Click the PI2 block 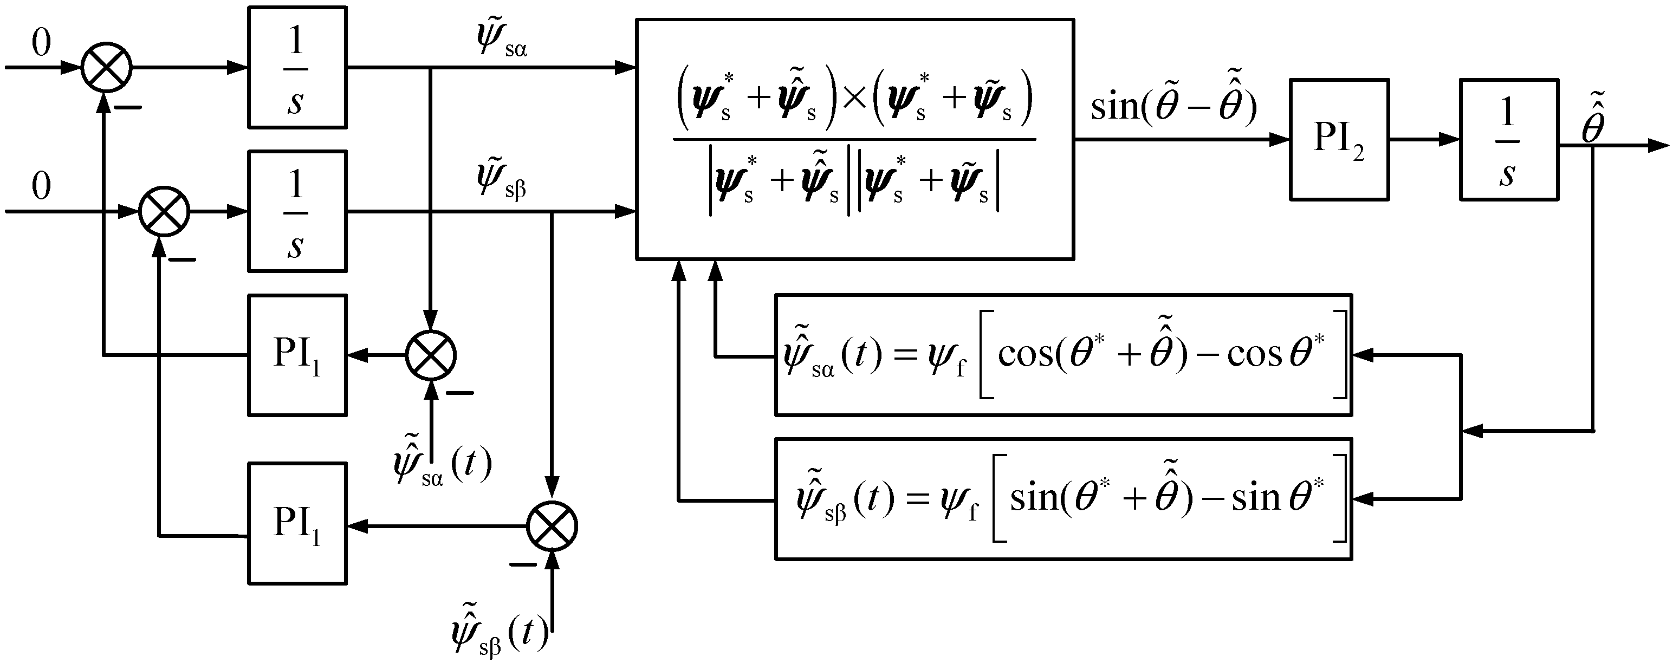point(1339,140)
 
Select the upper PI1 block point(297,355)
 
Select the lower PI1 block point(297,523)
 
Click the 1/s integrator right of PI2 point(1509,140)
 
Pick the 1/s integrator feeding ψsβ point(297,211)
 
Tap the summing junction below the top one point(164,212)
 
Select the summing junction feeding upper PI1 point(431,355)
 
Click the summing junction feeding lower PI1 point(552,526)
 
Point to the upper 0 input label point(41,44)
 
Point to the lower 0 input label point(41,187)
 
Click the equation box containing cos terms point(1063,355)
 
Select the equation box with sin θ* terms point(1063,499)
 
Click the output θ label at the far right point(1594,122)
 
